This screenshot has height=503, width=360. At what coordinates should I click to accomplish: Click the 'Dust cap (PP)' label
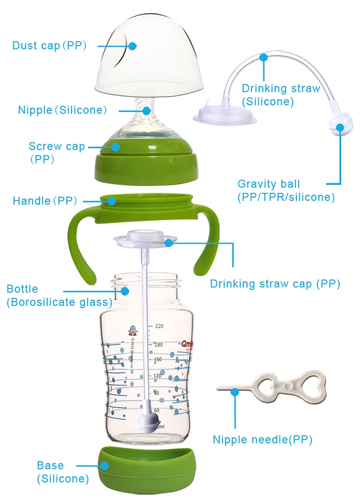point(49,46)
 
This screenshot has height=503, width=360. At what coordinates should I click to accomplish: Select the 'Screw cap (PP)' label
point(56,152)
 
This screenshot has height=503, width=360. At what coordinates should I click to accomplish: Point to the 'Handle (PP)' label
point(45,201)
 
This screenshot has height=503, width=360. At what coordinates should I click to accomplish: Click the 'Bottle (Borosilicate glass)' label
point(59,296)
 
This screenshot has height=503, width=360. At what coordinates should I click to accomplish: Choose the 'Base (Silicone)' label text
point(63,472)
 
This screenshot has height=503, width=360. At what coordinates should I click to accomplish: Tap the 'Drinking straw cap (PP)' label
point(275,284)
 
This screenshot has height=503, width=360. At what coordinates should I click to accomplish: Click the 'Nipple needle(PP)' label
point(263,440)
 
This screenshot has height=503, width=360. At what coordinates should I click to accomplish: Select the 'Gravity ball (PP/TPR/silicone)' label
point(286,190)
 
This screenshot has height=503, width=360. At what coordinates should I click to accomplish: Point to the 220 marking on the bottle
point(159,326)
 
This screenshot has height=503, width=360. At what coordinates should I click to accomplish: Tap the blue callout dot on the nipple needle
point(235,392)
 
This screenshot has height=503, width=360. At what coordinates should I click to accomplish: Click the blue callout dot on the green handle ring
point(110,201)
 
